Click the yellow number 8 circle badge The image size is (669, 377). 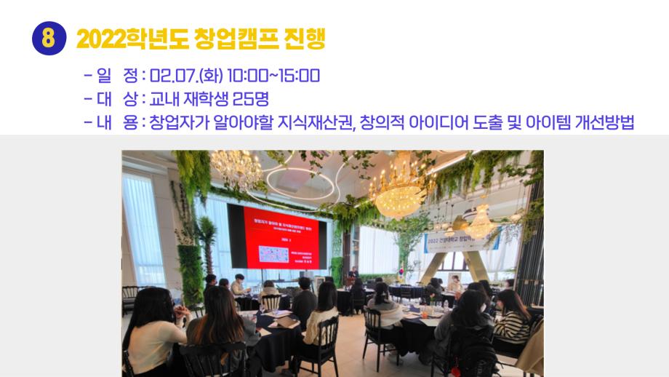pos(49,38)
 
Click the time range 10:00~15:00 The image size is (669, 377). pos(273,76)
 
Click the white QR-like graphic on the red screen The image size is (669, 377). pos(279,255)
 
